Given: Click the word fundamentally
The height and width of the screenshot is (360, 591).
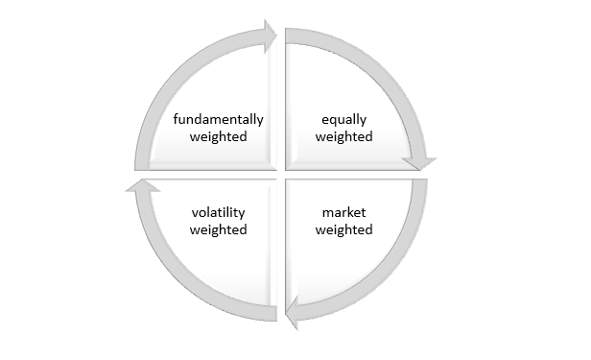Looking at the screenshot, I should tap(218, 120).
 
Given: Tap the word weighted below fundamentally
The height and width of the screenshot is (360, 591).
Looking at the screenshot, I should tap(218, 137).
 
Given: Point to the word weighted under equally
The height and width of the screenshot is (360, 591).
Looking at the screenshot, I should tap(343, 137).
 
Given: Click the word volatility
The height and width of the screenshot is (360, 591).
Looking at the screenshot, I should tap(218, 212).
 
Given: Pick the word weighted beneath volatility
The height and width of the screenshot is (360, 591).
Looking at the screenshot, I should tap(218, 229).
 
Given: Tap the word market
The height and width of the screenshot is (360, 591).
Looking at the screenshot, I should tap(343, 212).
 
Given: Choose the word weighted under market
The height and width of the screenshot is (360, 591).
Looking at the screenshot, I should tap(343, 229).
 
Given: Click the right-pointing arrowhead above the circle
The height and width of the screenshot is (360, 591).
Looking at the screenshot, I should tap(269, 36).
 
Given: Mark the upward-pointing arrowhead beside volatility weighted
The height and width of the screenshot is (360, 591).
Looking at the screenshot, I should tap(139, 185).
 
